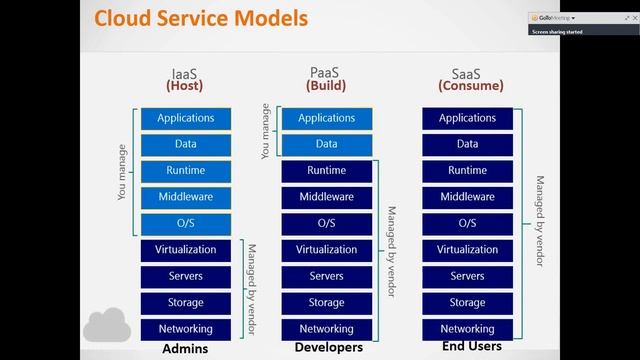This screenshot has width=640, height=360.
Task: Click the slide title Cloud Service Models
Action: click(201, 19)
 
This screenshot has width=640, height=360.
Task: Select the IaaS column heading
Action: click(184, 73)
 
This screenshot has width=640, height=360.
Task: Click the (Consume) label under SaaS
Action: click(468, 86)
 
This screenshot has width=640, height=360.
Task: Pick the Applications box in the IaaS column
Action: click(185, 118)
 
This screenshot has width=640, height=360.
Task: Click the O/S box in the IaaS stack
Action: click(185, 223)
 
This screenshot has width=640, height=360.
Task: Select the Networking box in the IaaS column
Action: click(185, 328)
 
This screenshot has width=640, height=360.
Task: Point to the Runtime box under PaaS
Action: click(326, 171)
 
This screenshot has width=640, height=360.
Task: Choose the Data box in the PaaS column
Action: click(326, 144)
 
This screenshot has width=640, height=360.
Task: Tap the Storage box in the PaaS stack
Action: click(326, 302)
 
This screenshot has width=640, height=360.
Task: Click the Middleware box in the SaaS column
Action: click(467, 197)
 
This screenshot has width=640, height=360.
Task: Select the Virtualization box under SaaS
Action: click(467, 250)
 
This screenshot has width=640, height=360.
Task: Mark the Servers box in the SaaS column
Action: click(467, 276)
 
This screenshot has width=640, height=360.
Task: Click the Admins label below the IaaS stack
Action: click(184, 350)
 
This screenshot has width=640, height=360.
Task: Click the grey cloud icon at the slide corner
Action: click(108, 326)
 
